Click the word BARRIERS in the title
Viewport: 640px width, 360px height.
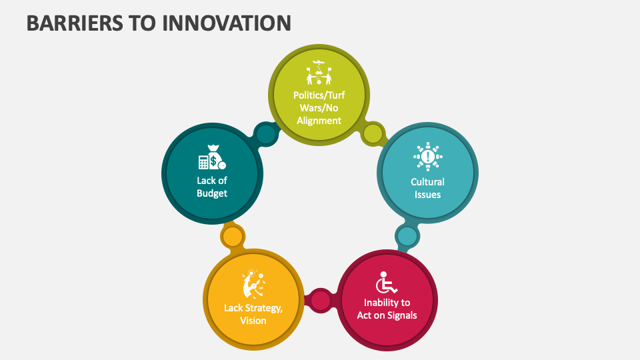pyautogui.click(x=69, y=23)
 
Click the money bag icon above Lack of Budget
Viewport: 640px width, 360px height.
pyautogui.click(x=212, y=158)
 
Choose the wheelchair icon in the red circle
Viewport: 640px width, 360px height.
pyautogui.click(x=386, y=283)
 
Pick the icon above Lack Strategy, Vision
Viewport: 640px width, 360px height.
pyautogui.click(x=253, y=283)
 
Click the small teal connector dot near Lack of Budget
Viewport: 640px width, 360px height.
pyautogui.click(x=266, y=135)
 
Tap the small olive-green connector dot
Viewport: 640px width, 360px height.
pyautogui.click(x=373, y=133)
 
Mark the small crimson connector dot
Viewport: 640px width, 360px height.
pyautogui.click(x=321, y=301)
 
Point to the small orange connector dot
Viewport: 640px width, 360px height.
pyautogui.click(x=232, y=236)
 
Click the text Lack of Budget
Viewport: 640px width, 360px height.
pyautogui.click(x=212, y=187)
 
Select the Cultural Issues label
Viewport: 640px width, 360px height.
pyautogui.click(x=427, y=188)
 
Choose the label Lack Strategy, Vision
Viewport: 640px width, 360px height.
pyautogui.click(x=253, y=314)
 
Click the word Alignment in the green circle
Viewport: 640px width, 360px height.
pyautogui.click(x=319, y=121)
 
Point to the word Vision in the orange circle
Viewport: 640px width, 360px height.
pyautogui.click(x=253, y=321)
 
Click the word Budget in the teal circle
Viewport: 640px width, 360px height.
pyautogui.click(x=212, y=193)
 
